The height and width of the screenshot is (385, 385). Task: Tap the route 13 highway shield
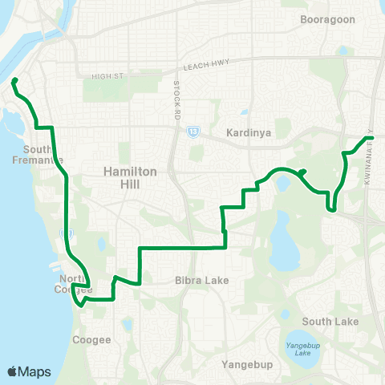click(193, 131)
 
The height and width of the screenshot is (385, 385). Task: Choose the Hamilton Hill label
click(123, 177)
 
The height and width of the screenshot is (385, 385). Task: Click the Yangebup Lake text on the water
click(302, 346)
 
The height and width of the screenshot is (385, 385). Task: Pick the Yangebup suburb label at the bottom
click(247, 365)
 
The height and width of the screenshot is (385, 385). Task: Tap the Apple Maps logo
click(29, 371)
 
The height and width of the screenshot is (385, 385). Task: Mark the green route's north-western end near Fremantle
click(14, 79)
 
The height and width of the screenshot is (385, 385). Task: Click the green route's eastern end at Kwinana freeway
click(371, 138)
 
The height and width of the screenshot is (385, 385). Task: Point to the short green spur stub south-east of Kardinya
click(303, 171)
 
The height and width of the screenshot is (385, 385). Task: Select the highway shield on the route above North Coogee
click(65, 234)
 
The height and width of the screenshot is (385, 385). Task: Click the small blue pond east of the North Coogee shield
click(100, 244)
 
